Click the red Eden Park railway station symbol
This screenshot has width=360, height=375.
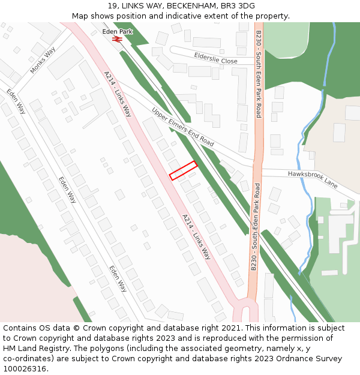(117, 39)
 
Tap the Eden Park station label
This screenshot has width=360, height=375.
(117, 31)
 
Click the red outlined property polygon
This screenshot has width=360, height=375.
(183, 170)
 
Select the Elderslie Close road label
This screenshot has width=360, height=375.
(215, 58)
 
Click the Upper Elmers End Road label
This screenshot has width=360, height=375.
(182, 127)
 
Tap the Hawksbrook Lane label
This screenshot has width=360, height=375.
(312, 179)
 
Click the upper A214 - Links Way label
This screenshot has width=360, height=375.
(118, 93)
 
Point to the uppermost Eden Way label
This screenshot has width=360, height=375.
(16, 101)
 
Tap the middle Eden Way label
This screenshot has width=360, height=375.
(68, 189)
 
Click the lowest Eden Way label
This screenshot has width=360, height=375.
(118, 278)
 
